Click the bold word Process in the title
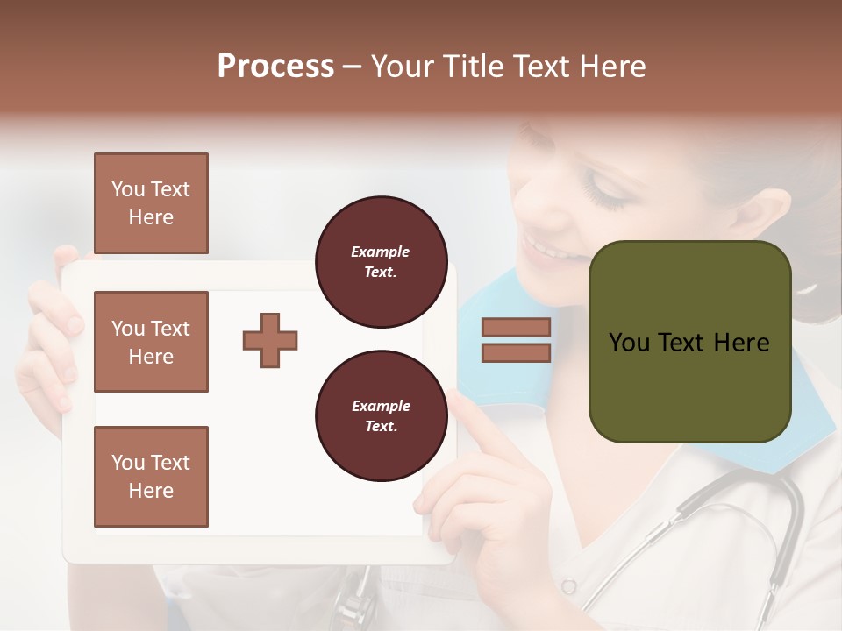click(275, 67)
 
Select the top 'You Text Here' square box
click(151, 203)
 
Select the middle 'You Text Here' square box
click(151, 342)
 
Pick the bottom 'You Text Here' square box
click(151, 476)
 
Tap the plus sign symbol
click(270, 340)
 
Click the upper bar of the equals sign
click(516, 327)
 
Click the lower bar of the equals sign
click(516, 352)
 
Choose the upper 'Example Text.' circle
click(381, 261)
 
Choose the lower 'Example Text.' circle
click(381, 415)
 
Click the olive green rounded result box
click(689, 386)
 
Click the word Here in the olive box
click(740, 343)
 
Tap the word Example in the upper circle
click(381, 252)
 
